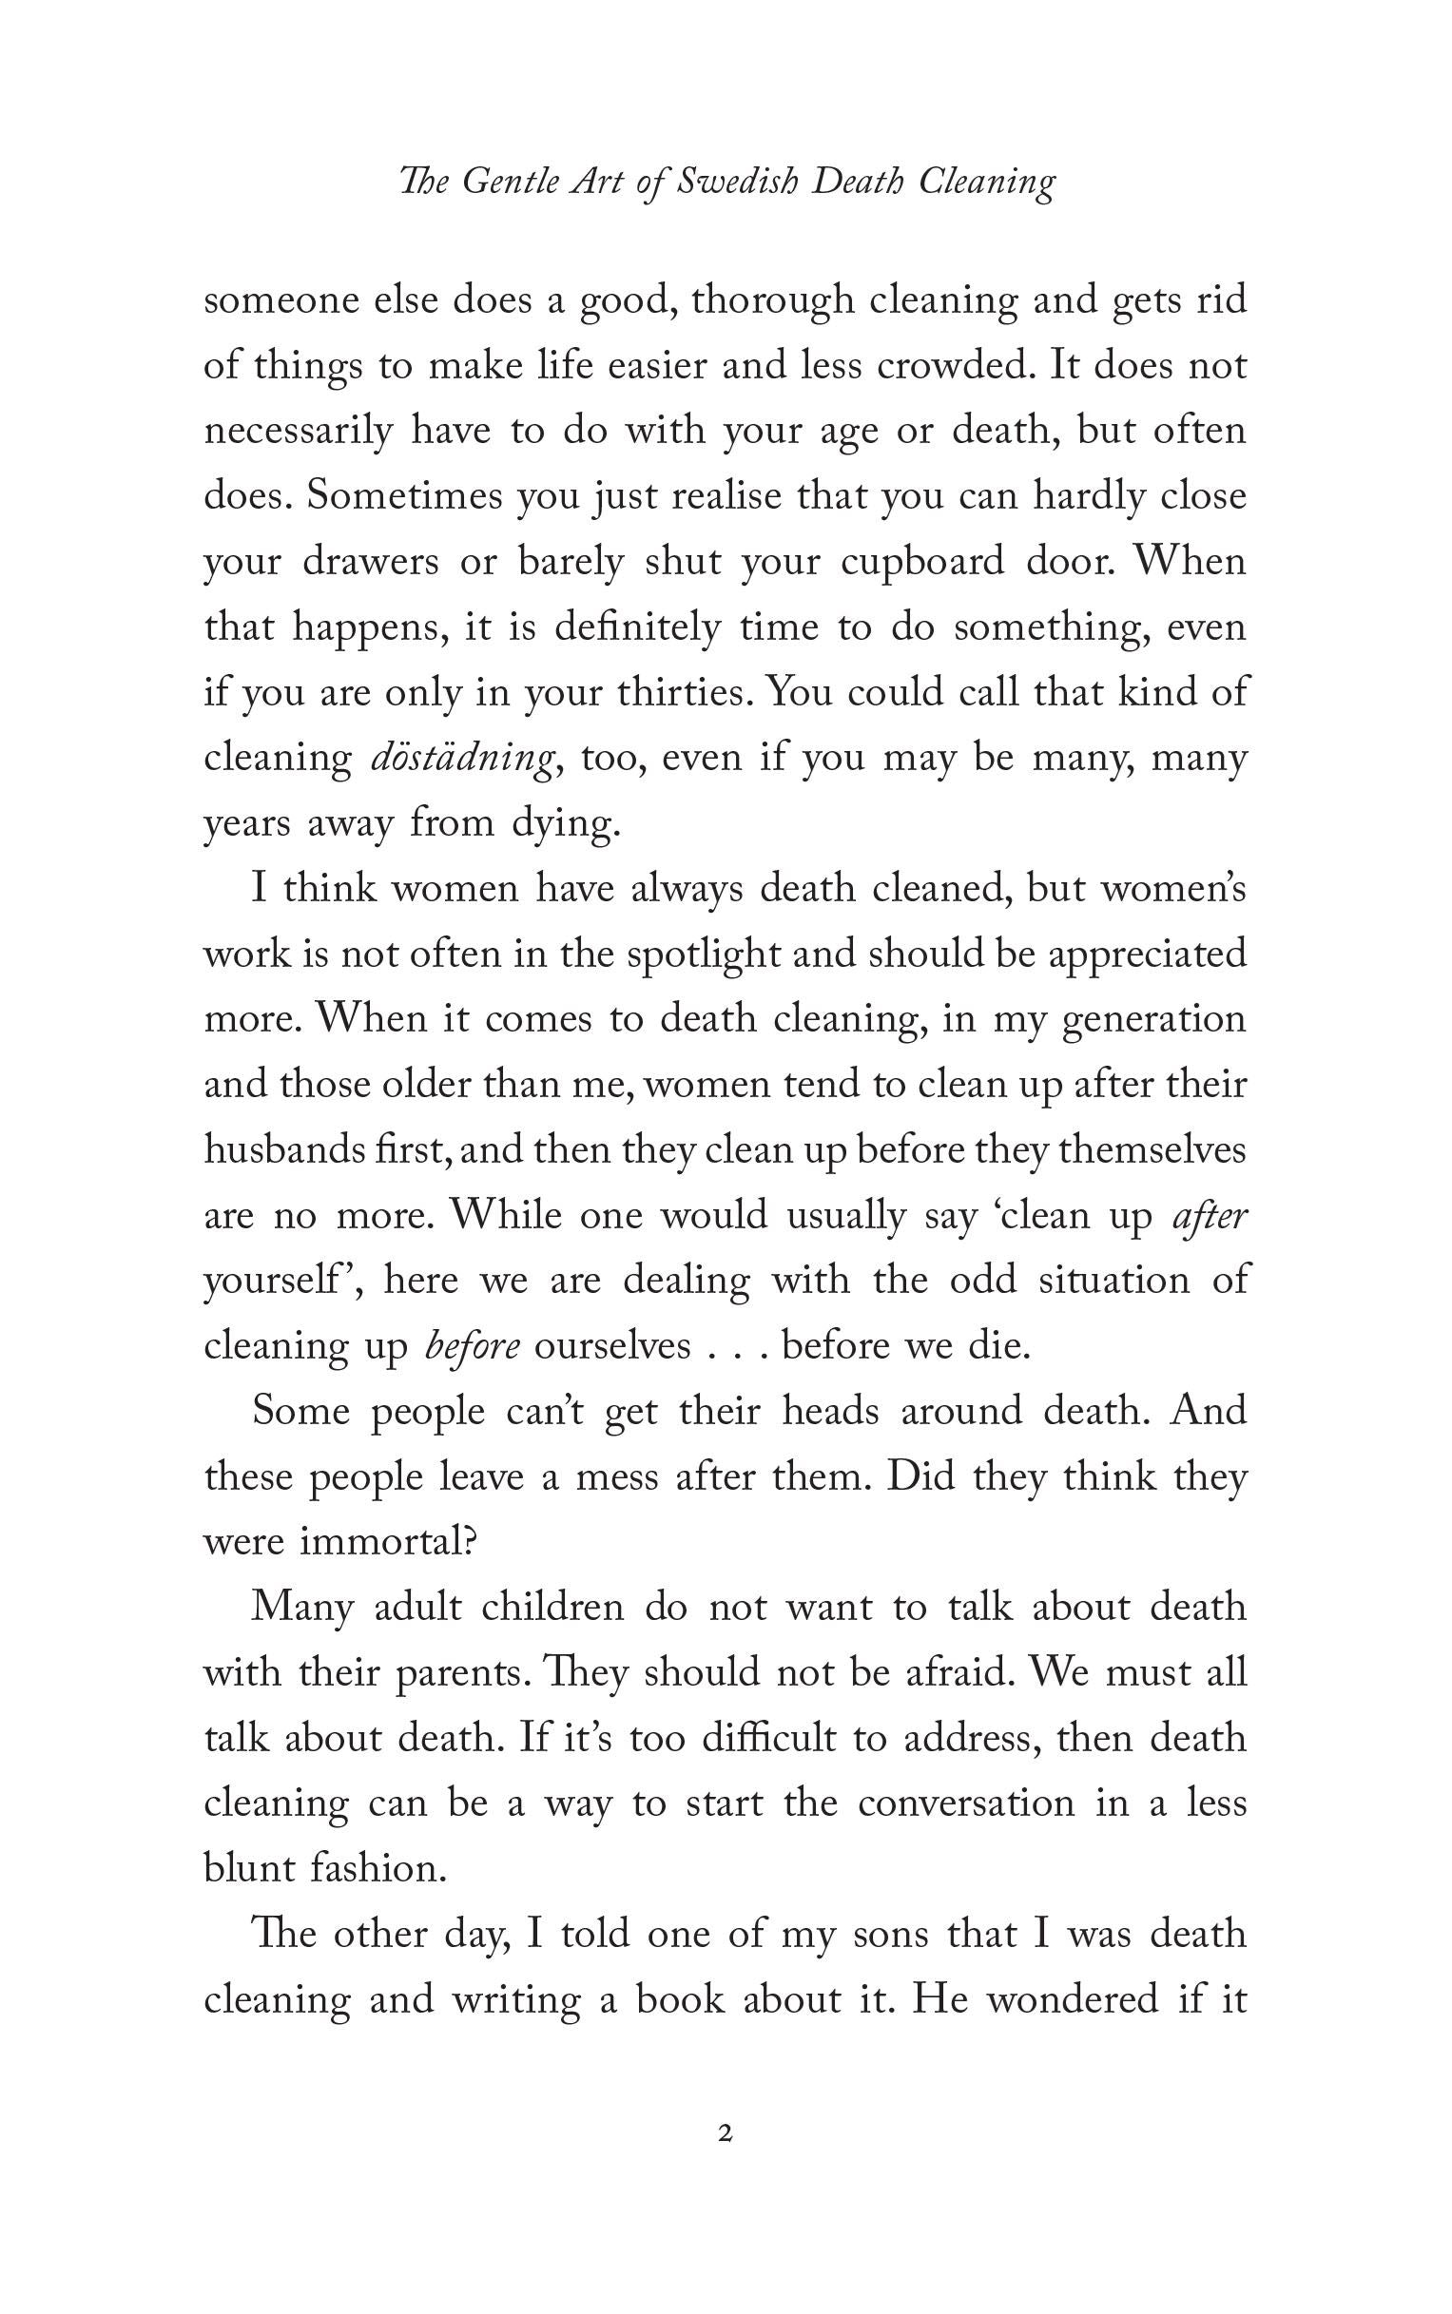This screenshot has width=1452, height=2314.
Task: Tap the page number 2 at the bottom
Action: (x=726, y=2134)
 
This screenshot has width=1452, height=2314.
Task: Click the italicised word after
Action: (x=1211, y=1217)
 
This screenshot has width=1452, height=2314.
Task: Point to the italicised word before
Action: (x=473, y=1347)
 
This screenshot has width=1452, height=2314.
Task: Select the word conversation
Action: (x=966, y=1804)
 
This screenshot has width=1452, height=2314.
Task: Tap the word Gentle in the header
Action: (x=510, y=183)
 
